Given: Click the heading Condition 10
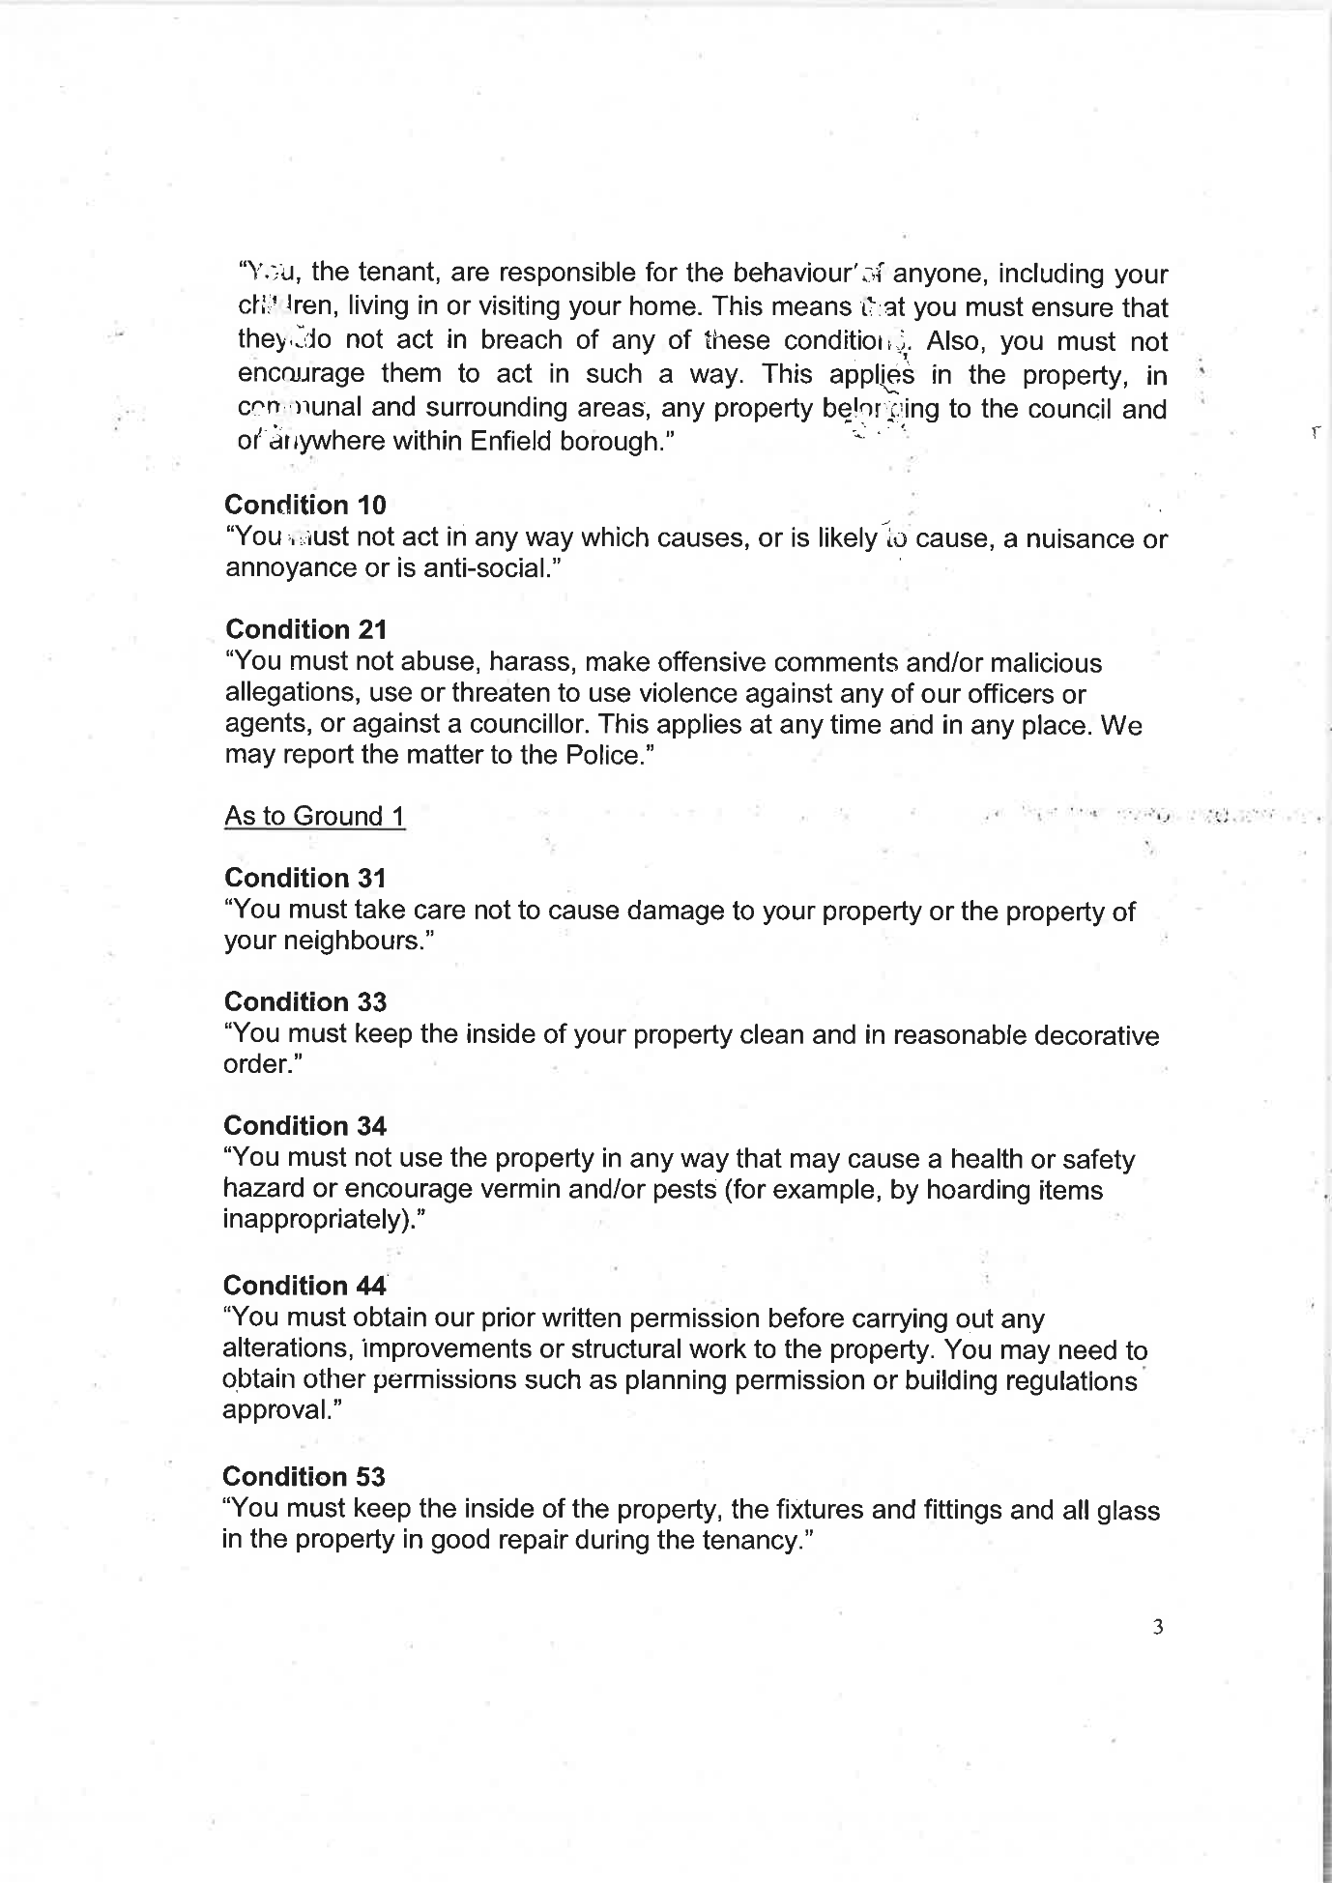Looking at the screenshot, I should [x=304, y=505].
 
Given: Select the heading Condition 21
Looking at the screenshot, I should [x=305, y=629].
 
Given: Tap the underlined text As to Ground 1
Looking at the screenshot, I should [x=314, y=816].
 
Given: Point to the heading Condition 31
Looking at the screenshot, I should [x=304, y=878].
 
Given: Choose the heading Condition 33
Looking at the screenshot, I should [x=304, y=1001].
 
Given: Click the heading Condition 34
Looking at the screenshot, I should [x=304, y=1126].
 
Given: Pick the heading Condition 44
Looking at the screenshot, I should [x=304, y=1286].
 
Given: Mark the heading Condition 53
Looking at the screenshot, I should [x=304, y=1477].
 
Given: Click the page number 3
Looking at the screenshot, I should [x=1158, y=1627].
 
